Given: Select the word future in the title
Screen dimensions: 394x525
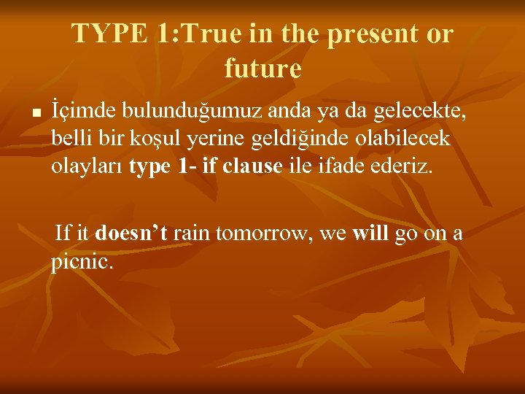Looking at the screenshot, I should (x=262, y=69).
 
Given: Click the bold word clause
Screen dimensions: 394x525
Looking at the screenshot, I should (x=252, y=166).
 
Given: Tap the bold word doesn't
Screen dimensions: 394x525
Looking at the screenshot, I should (x=131, y=233).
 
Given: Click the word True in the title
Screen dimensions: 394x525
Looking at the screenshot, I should (x=212, y=34).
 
